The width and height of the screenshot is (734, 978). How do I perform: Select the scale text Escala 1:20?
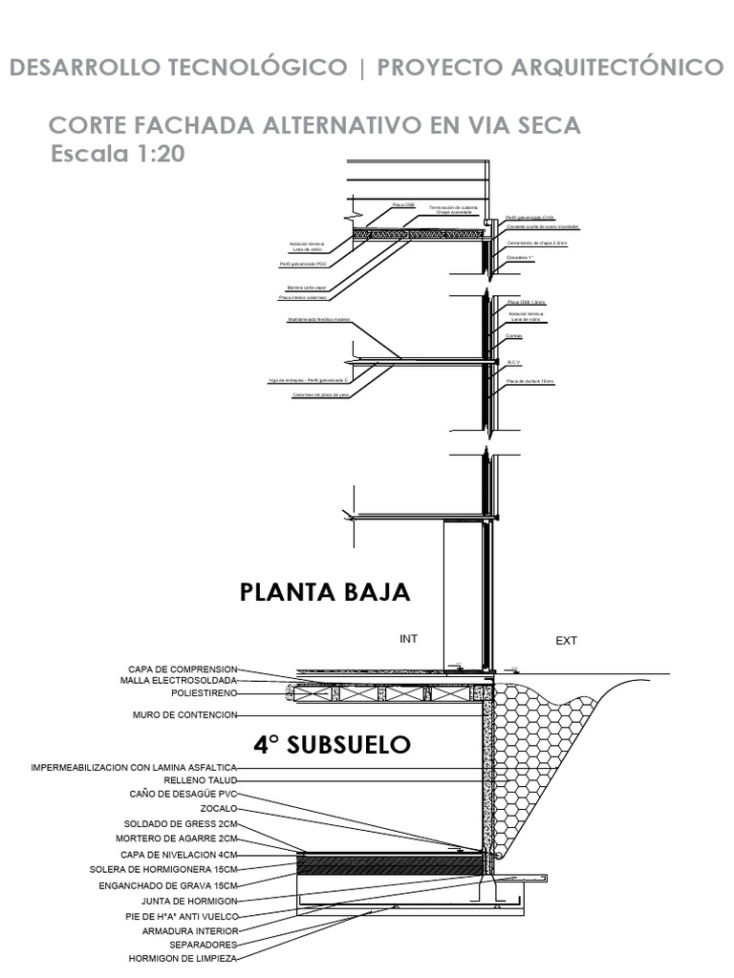click(x=118, y=155)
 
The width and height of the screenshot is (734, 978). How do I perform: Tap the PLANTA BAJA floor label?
click(x=325, y=592)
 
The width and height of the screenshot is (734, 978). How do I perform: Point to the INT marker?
click(x=409, y=639)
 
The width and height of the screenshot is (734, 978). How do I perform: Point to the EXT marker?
click(x=567, y=641)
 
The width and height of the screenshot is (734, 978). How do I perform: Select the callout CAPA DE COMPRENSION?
click(x=182, y=669)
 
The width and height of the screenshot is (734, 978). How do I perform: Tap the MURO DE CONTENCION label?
click(x=184, y=714)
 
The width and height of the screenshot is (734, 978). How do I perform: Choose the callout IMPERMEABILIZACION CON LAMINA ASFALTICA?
click(x=134, y=767)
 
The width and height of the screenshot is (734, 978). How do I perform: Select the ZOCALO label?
click(x=218, y=808)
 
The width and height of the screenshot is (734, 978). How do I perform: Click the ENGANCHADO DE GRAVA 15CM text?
click(x=170, y=885)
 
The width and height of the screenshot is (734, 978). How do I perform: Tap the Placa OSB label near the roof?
click(x=403, y=204)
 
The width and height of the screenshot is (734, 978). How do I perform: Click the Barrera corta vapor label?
click(x=307, y=287)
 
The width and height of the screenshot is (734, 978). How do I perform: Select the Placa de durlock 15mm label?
click(x=530, y=381)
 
